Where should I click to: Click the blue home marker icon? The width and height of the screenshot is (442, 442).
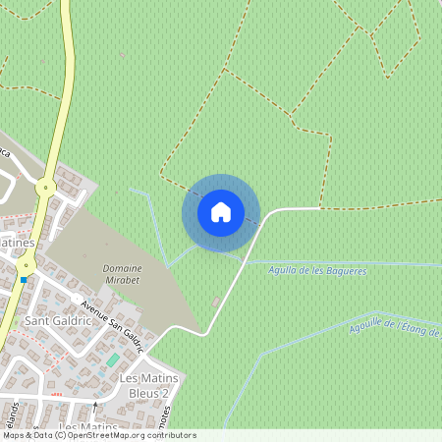pos(221,212)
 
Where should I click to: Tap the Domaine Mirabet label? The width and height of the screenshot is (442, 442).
pos(123,273)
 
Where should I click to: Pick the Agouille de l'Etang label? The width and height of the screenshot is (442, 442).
pos(393,327)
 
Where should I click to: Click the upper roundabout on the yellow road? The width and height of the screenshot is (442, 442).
pos(44,187)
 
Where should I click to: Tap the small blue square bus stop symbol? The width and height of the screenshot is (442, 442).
pos(24,280)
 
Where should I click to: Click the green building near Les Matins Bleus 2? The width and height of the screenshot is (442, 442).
pos(112,360)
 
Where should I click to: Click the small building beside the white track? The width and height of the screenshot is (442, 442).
pos(216,301)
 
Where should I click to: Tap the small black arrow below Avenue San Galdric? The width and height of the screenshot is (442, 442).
pos(95,404)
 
